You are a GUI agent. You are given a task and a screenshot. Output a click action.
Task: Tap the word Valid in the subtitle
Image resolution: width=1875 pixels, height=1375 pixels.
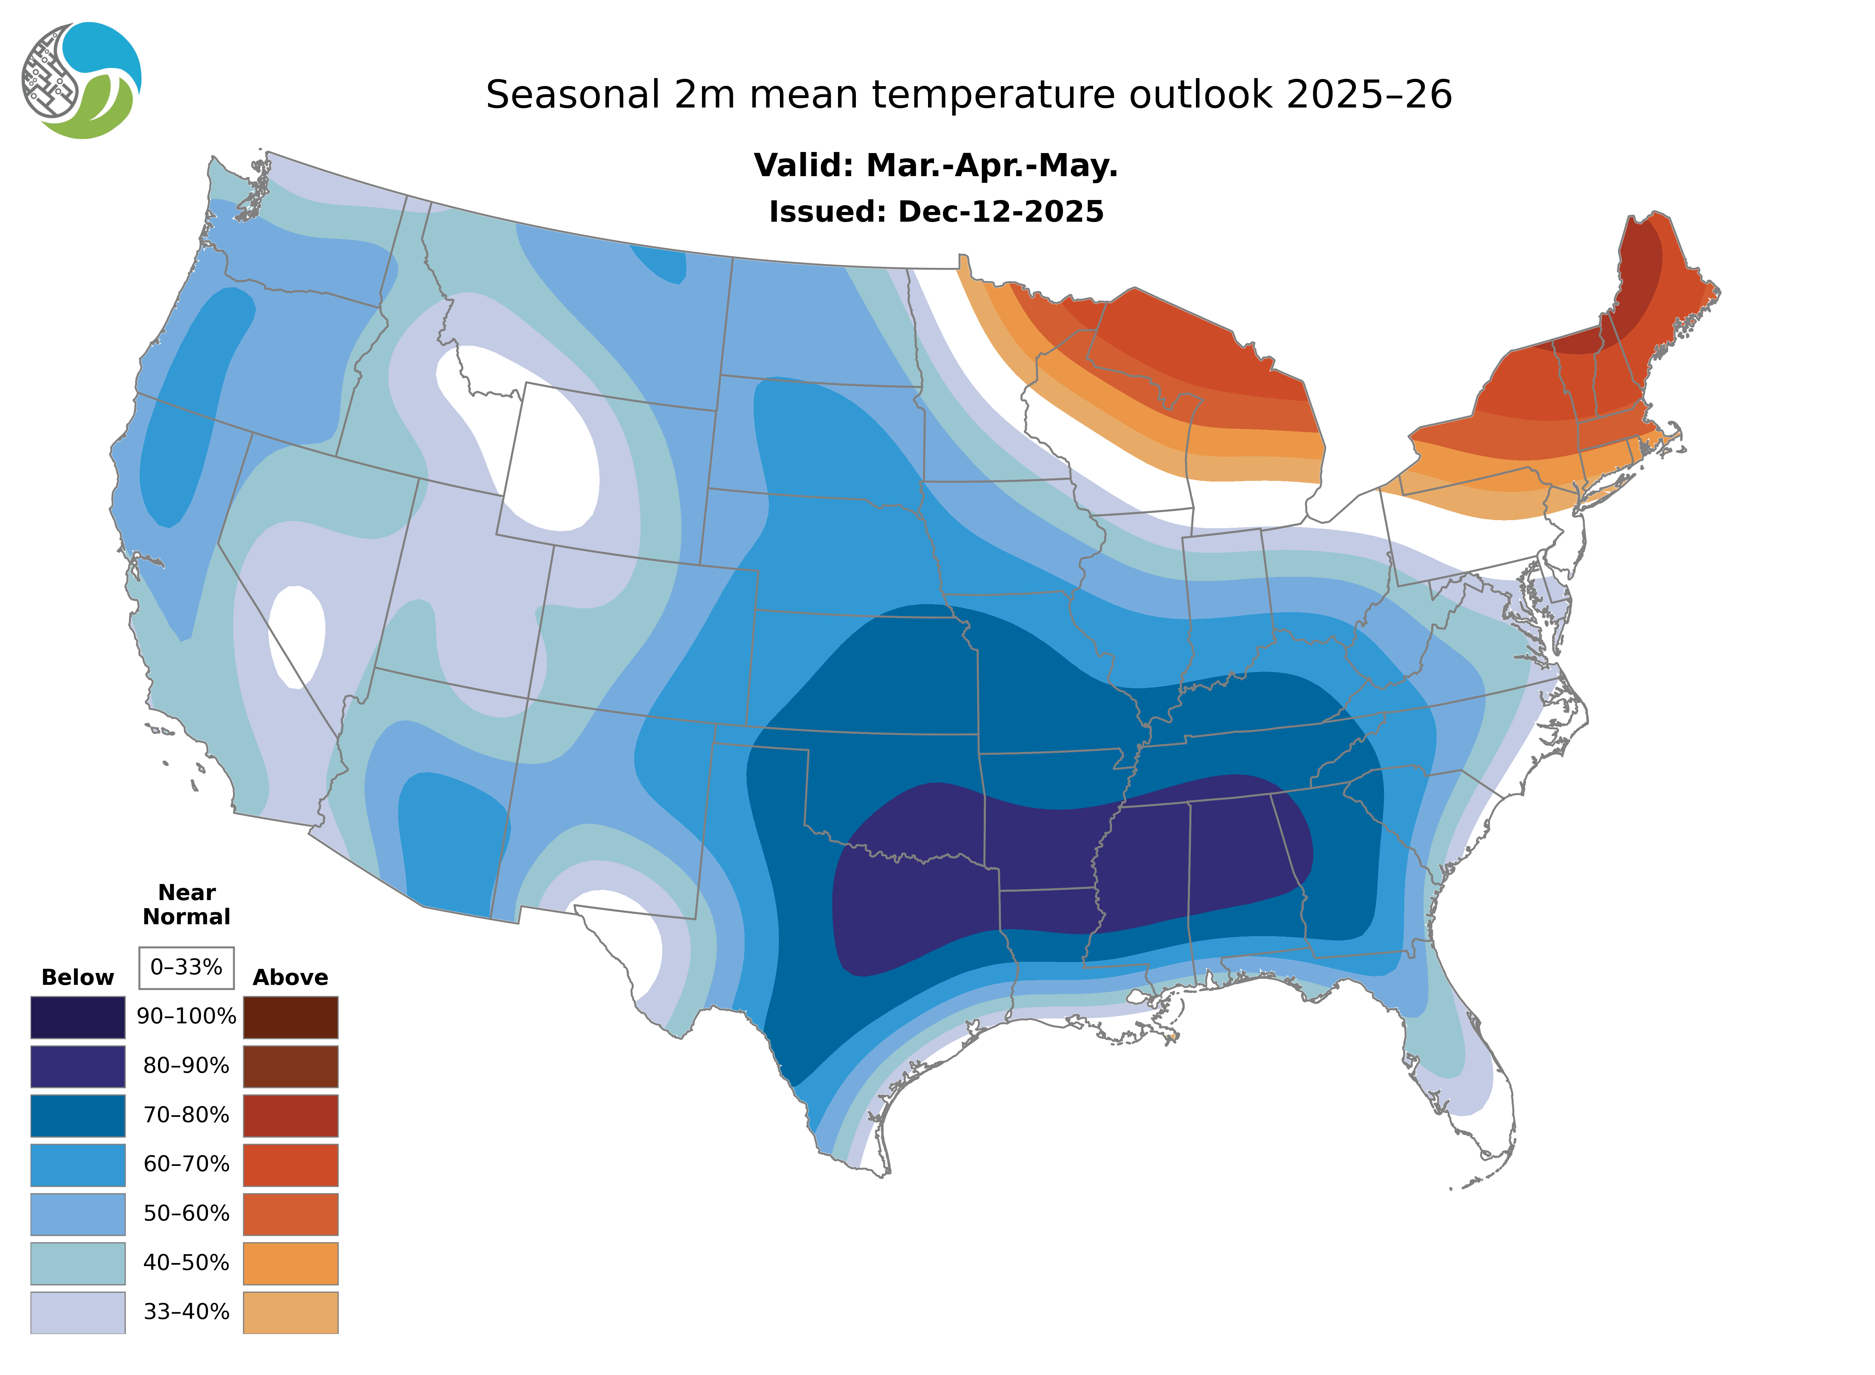coord(803,166)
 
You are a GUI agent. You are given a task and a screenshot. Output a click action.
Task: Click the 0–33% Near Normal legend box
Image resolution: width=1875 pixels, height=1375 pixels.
coord(186,967)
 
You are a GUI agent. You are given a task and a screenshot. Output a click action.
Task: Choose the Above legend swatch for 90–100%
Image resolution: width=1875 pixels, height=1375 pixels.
coord(290,1017)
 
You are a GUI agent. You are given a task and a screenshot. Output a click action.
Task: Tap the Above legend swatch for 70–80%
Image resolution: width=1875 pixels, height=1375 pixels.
coord(290,1115)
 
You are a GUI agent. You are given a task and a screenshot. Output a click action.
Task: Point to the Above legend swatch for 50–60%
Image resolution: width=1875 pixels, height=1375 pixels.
coord(290,1214)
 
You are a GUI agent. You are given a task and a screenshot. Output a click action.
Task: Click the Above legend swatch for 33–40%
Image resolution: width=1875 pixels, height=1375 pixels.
coord(290,1312)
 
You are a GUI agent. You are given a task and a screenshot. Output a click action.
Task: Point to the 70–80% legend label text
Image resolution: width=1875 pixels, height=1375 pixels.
coord(186,1115)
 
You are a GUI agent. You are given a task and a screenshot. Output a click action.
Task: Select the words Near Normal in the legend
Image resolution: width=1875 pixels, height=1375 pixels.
coord(186,905)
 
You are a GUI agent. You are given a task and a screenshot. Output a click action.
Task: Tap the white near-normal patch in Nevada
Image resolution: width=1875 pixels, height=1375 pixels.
coord(297,637)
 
